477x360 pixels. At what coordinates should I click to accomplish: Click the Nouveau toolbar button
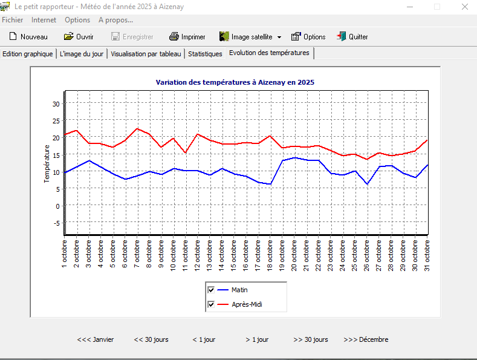click(28, 37)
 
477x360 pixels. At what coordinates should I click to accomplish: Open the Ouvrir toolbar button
click(79, 37)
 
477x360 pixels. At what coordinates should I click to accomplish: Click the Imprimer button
click(187, 37)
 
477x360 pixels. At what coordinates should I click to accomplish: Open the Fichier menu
click(13, 20)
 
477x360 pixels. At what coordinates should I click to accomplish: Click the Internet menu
click(44, 20)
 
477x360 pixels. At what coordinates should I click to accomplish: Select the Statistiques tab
click(205, 54)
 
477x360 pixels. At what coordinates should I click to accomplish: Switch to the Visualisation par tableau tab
click(146, 54)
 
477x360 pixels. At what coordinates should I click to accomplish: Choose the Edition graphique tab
click(28, 54)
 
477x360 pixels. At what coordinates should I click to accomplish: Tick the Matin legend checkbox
click(211, 290)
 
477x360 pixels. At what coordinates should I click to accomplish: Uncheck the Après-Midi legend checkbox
click(211, 304)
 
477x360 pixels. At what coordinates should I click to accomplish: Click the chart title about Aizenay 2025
click(235, 82)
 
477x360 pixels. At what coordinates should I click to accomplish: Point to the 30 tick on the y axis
click(56, 104)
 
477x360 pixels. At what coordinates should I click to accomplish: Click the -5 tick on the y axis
click(56, 223)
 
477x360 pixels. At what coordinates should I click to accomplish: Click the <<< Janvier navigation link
click(96, 339)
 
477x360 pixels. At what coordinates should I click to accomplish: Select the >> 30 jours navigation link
click(311, 339)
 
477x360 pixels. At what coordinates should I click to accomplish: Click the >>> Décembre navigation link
click(366, 339)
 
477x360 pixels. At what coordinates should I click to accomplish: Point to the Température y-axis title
click(47, 163)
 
